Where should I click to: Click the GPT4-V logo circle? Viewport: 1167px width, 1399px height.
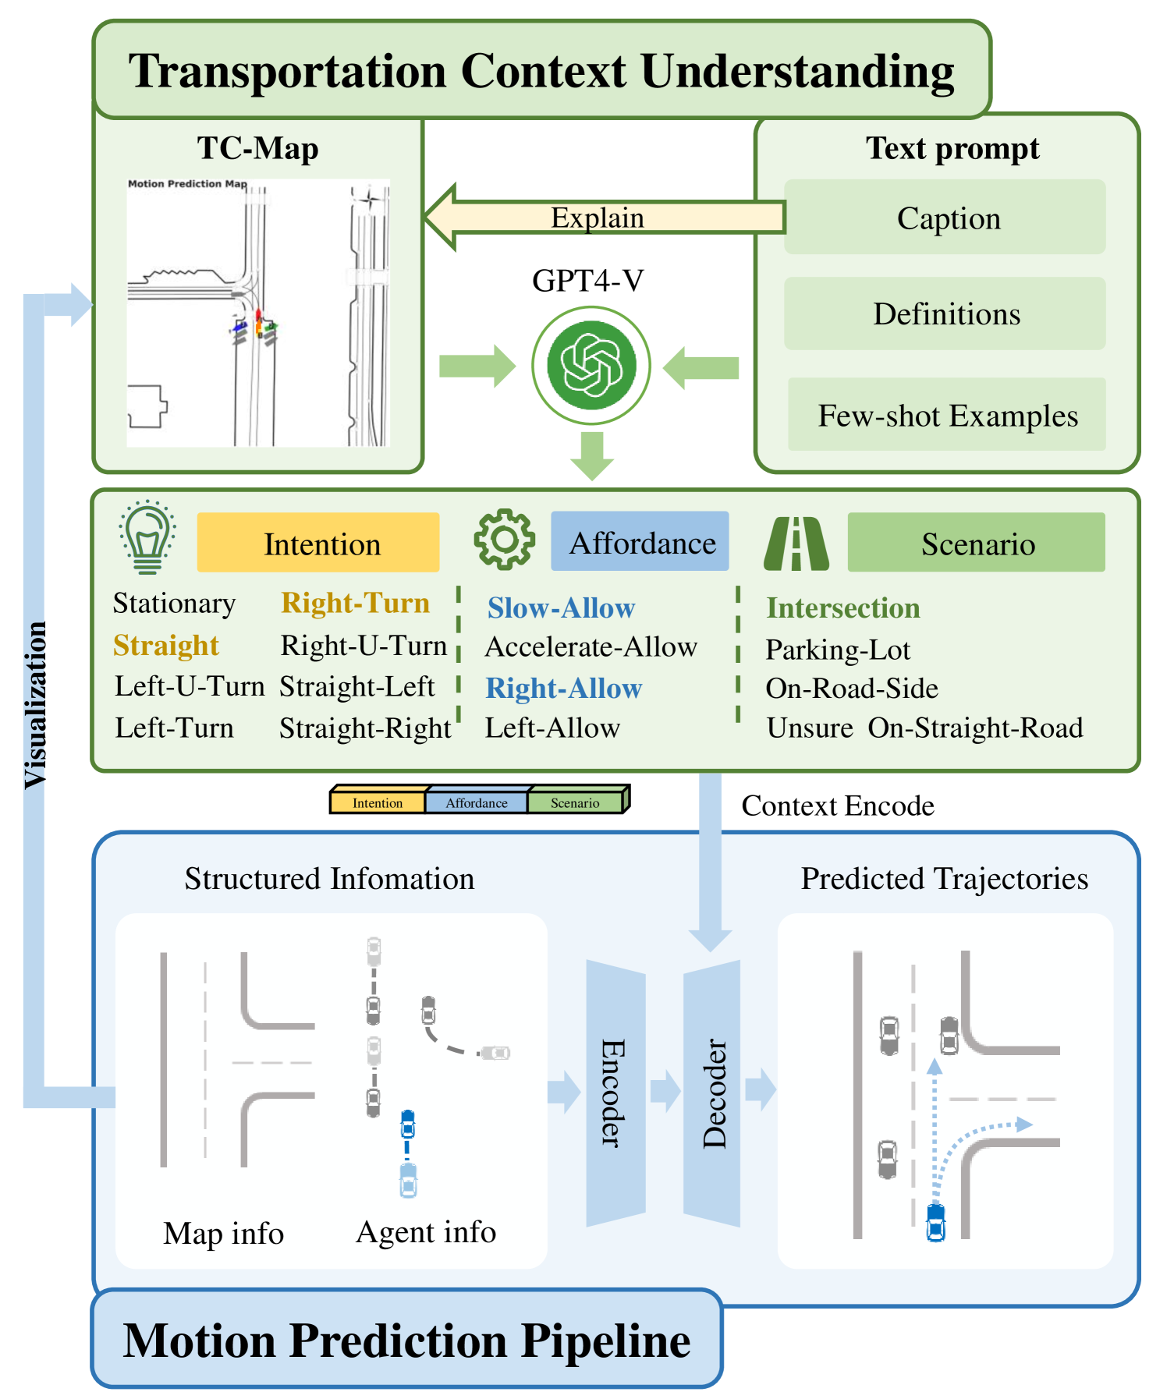pos(591,365)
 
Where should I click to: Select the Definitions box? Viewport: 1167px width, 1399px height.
pos(945,313)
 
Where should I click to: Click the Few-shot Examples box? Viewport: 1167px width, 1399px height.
pos(946,415)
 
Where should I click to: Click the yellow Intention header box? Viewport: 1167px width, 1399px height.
pos(318,543)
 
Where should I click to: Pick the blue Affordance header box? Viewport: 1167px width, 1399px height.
pos(640,542)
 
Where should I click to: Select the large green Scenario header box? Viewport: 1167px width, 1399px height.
pos(976,543)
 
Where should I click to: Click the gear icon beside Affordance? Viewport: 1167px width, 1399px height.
pos(504,539)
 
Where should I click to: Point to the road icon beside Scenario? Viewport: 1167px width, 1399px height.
pos(796,544)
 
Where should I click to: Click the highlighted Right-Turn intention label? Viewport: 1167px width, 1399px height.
pos(355,603)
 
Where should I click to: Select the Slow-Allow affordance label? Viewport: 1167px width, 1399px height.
pos(561,608)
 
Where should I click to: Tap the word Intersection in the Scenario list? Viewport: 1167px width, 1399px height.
pos(842,608)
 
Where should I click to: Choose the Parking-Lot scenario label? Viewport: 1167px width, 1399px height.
pos(837,650)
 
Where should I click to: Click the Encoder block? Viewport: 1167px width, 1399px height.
pos(615,1092)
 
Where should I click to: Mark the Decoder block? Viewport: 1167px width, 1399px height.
pos(711,1092)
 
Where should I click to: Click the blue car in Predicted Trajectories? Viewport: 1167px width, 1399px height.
pos(935,1222)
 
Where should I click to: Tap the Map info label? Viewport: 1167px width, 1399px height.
pos(223,1233)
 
